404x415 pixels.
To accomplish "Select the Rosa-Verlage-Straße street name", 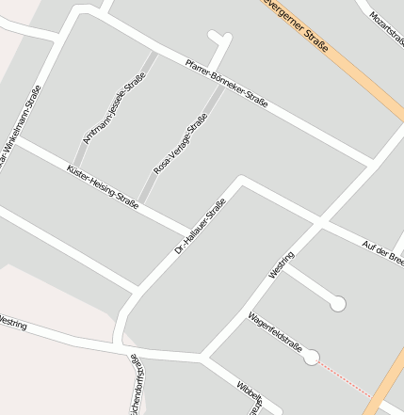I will point(180,144).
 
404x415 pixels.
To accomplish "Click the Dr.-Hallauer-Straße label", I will point(201,228).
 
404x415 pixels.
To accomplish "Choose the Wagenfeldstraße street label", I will point(274,334).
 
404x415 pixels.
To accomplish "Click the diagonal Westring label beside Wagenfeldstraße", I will point(282,263).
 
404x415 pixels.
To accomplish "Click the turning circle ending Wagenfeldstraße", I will point(311,357).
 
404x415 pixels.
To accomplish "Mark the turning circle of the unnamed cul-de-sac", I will point(337,303).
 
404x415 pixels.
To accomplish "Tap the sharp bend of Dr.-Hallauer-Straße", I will point(241,181).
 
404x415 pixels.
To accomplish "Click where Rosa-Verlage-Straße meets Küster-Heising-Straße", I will point(138,203).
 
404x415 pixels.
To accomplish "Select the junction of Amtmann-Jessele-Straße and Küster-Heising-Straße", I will point(73,168).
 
